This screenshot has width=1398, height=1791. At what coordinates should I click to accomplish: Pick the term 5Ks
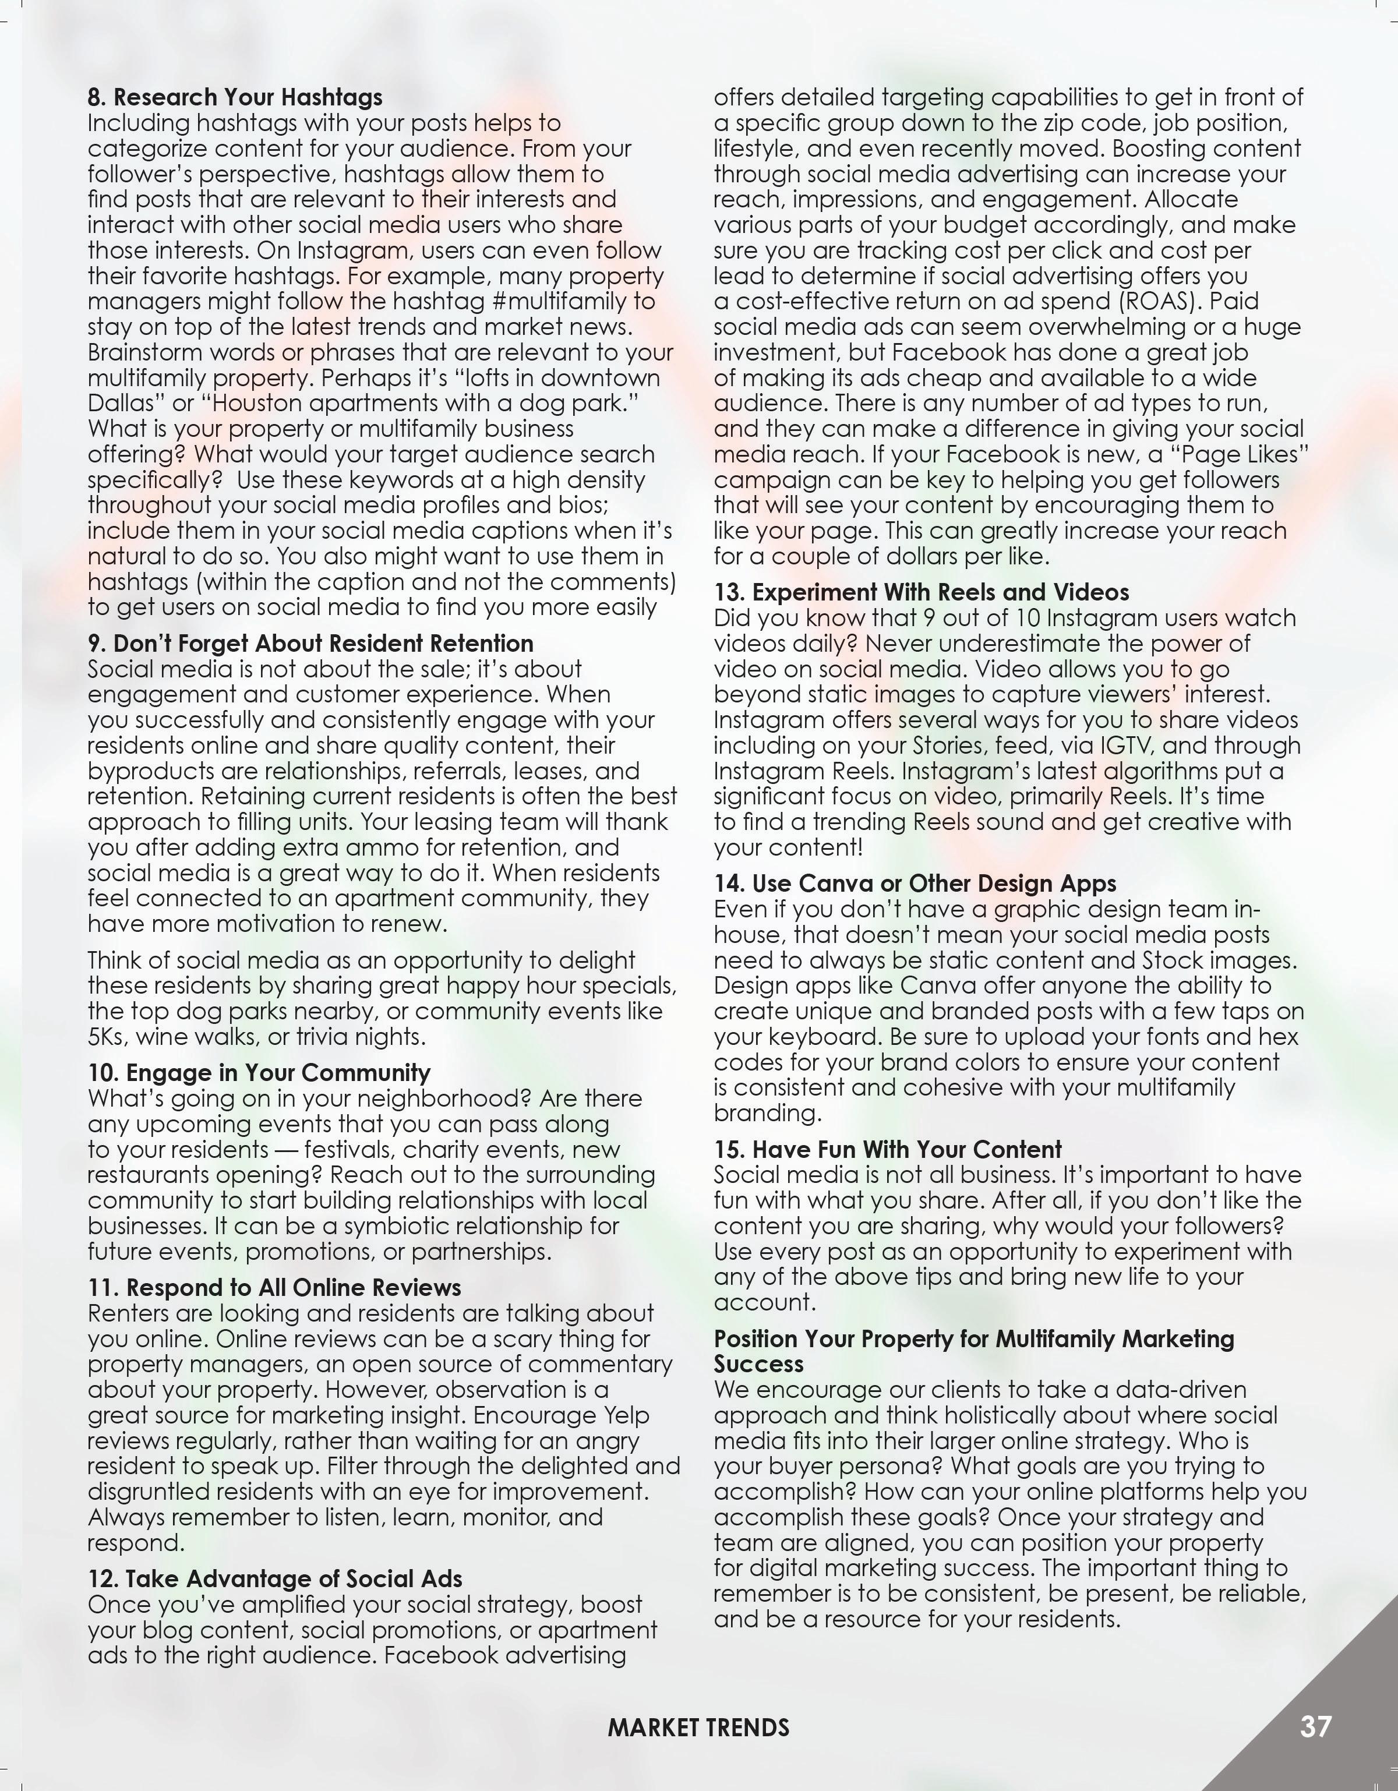[107, 1037]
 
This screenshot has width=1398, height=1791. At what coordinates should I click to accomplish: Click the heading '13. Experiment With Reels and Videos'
[921, 592]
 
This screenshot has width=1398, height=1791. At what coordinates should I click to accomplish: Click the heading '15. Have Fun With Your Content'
[887, 1149]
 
